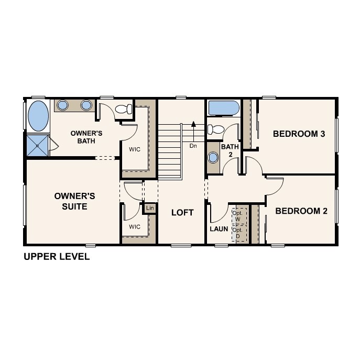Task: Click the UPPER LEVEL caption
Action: (x=57, y=257)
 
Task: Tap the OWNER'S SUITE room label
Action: (x=74, y=201)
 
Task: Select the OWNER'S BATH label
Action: (x=86, y=137)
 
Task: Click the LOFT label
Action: (x=182, y=213)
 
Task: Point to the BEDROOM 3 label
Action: (x=299, y=134)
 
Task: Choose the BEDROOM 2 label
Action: (x=301, y=211)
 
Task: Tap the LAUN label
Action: (x=219, y=228)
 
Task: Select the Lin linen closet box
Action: (x=150, y=209)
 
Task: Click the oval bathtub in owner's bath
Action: (x=38, y=116)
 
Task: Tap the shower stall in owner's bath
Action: (x=37, y=145)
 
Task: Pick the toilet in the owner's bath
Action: (x=123, y=109)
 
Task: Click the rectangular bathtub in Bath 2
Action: (x=224, y=108)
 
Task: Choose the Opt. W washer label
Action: (x=237, y=216)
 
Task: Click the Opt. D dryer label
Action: (x=237, y=233)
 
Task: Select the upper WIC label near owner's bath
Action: (x=135, y=148)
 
